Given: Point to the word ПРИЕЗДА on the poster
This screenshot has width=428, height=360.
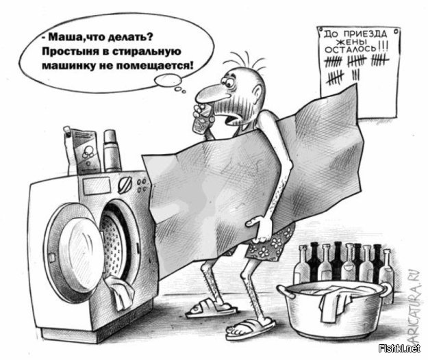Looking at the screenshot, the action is [x=365, y=34].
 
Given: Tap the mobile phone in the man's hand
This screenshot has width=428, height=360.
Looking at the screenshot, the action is [x=201, y=120].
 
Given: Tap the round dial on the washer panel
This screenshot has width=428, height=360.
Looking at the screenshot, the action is [x=125, y=185].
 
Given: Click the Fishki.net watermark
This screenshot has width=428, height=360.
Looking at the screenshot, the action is [x=399, y=348].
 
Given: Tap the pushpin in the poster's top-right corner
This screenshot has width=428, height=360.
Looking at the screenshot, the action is [x=396, y=32].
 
